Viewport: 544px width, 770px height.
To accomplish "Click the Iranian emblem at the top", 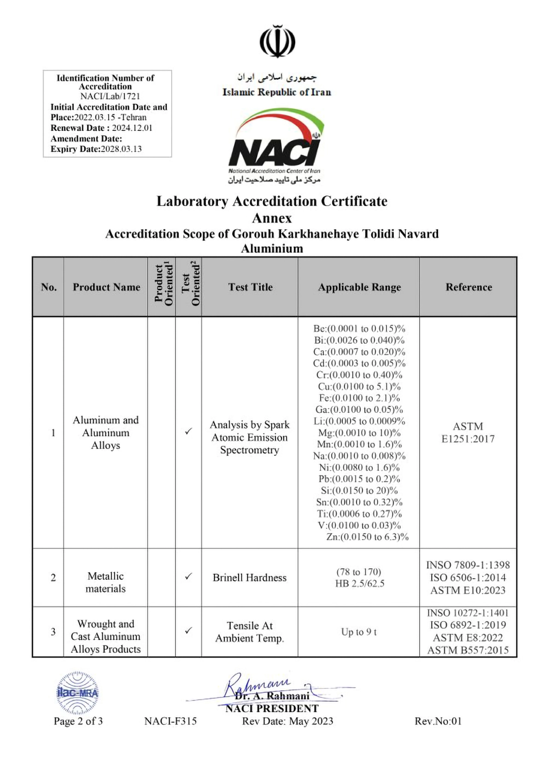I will click(277, 41).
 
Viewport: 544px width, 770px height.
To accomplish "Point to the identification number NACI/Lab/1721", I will click(110, 96).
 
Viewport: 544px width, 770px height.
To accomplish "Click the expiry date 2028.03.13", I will click(121, 149).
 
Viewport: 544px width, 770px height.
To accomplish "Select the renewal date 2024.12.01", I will click(132, 128).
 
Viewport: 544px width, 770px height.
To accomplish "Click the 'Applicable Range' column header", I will click(359, 287).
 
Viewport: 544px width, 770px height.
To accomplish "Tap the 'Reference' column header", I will click(468, 287).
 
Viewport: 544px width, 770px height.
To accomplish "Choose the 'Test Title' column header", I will click(250, 287).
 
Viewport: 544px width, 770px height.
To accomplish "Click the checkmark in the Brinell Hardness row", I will click(188, 576).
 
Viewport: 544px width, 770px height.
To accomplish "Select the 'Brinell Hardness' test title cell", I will click(250, 578).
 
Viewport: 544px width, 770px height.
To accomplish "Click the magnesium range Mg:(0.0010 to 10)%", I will click(359, 433).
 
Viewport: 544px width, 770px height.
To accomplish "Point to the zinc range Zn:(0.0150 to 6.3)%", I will click(367, 537).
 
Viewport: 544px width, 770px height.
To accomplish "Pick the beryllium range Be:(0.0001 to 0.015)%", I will click(359, 329).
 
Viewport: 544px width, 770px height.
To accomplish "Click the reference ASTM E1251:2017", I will click(468, 433).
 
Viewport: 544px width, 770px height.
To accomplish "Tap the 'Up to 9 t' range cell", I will click(359, 632).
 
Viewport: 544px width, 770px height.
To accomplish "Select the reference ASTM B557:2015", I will click(468, 650).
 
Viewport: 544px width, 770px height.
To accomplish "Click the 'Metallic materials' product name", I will click(105, 582).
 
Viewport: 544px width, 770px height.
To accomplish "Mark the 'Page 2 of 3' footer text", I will click(78, 721).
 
